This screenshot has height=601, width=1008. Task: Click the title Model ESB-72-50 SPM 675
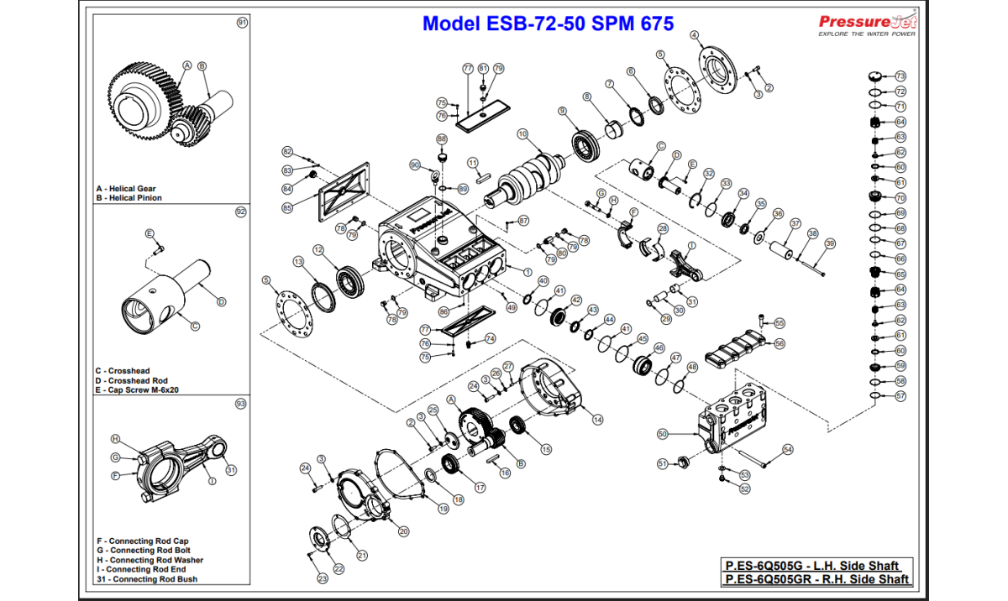tap(548, 24)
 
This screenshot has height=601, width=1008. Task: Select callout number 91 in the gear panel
tap(241, 24)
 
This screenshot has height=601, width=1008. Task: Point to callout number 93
tap(241, 404)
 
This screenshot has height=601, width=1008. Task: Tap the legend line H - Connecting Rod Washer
tap(150, 560)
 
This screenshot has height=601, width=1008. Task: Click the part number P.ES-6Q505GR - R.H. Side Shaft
tap(817, 579)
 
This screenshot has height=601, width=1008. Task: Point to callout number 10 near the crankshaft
tap(522, 133)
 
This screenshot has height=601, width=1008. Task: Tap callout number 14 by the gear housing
tap(598, 420)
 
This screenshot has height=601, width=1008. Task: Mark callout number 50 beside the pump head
tap(662, 434)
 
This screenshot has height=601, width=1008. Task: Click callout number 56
tap(780, 343)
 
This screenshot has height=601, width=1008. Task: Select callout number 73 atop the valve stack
tap(900, 76)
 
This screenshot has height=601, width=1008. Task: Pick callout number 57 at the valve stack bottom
tap(900, 395)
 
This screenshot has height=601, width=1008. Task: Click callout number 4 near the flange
tap(695, 35)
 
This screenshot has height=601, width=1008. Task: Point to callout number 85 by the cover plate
tap(286, 208)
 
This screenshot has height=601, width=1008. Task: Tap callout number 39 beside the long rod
tap(830, 243)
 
